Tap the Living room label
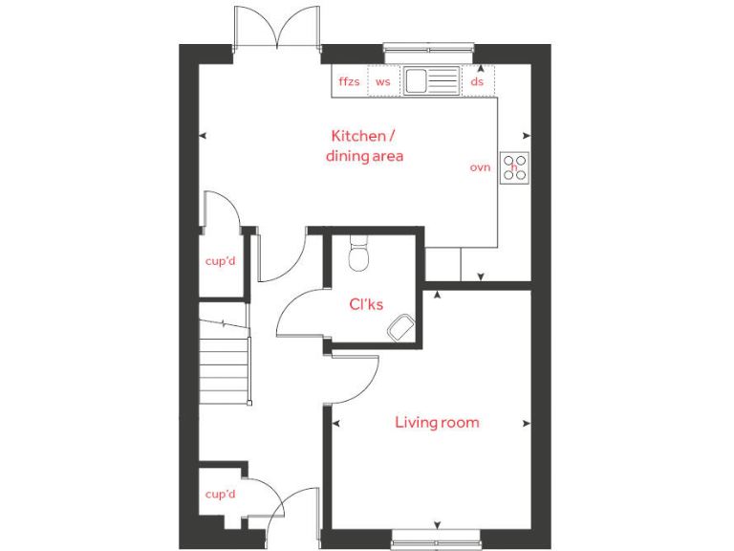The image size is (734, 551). tap(437, 422)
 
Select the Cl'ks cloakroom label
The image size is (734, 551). tap(365, 304)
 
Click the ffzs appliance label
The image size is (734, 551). tap(349, 81)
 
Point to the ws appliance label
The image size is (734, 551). tap(382, 81)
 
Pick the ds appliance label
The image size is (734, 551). tap(477, 81)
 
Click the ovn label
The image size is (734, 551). tap(479, 167)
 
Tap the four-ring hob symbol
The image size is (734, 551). tap(515, 168)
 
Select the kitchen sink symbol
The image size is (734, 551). tap(430, 80)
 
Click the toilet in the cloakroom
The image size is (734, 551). tap(358, 253)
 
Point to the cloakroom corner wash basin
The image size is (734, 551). tap(401, 329)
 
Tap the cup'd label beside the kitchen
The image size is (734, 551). tap(220, 260)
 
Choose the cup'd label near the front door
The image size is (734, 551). tap(220, 494)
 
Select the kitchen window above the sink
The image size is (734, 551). tap(429, 46)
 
